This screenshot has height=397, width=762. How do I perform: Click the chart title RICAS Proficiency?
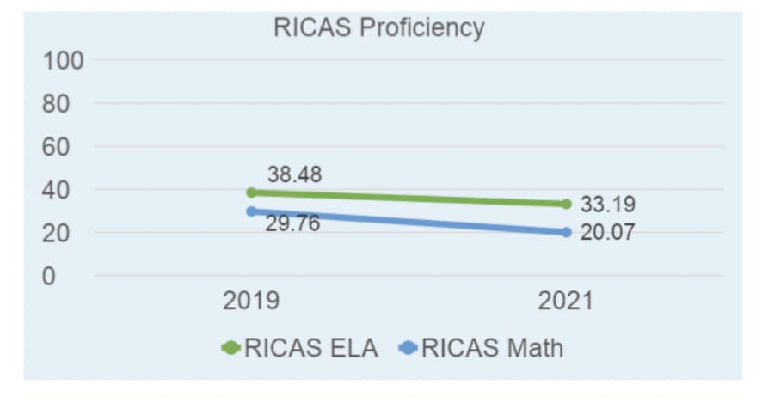378,27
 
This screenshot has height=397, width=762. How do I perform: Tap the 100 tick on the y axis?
63,61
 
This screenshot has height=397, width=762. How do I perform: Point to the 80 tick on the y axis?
63,104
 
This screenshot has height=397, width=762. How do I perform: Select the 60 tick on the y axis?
63,147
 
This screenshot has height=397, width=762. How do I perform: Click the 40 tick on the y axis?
63,190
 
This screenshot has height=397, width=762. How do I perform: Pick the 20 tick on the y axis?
63,233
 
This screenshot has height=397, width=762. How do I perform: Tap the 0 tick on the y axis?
51,276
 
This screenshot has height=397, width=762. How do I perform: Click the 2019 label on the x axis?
251,302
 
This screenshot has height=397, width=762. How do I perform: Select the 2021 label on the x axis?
566,302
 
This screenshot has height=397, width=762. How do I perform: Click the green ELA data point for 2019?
251,192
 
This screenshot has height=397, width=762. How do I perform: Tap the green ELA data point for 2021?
566,204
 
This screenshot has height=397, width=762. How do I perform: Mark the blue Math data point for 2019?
251,211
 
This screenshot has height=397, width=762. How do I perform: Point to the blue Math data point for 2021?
566,232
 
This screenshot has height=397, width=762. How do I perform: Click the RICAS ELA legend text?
312,347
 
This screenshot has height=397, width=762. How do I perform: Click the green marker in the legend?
230,347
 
